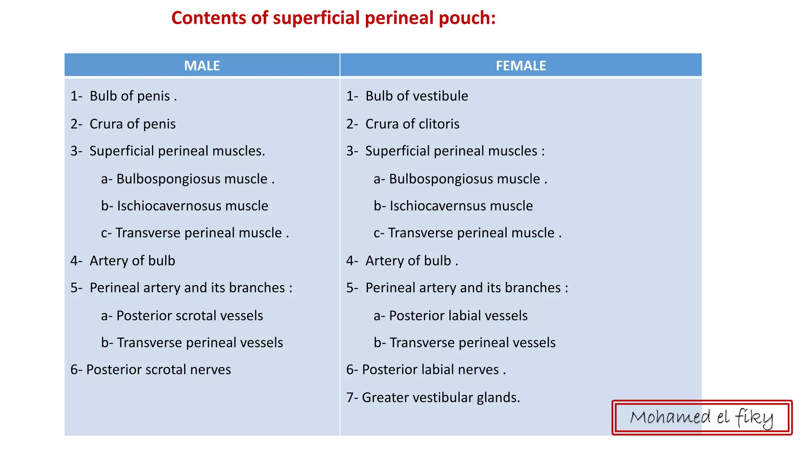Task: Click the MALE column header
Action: point(202,65)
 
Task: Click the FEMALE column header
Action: point(521,65)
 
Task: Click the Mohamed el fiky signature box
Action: point(702,418)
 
